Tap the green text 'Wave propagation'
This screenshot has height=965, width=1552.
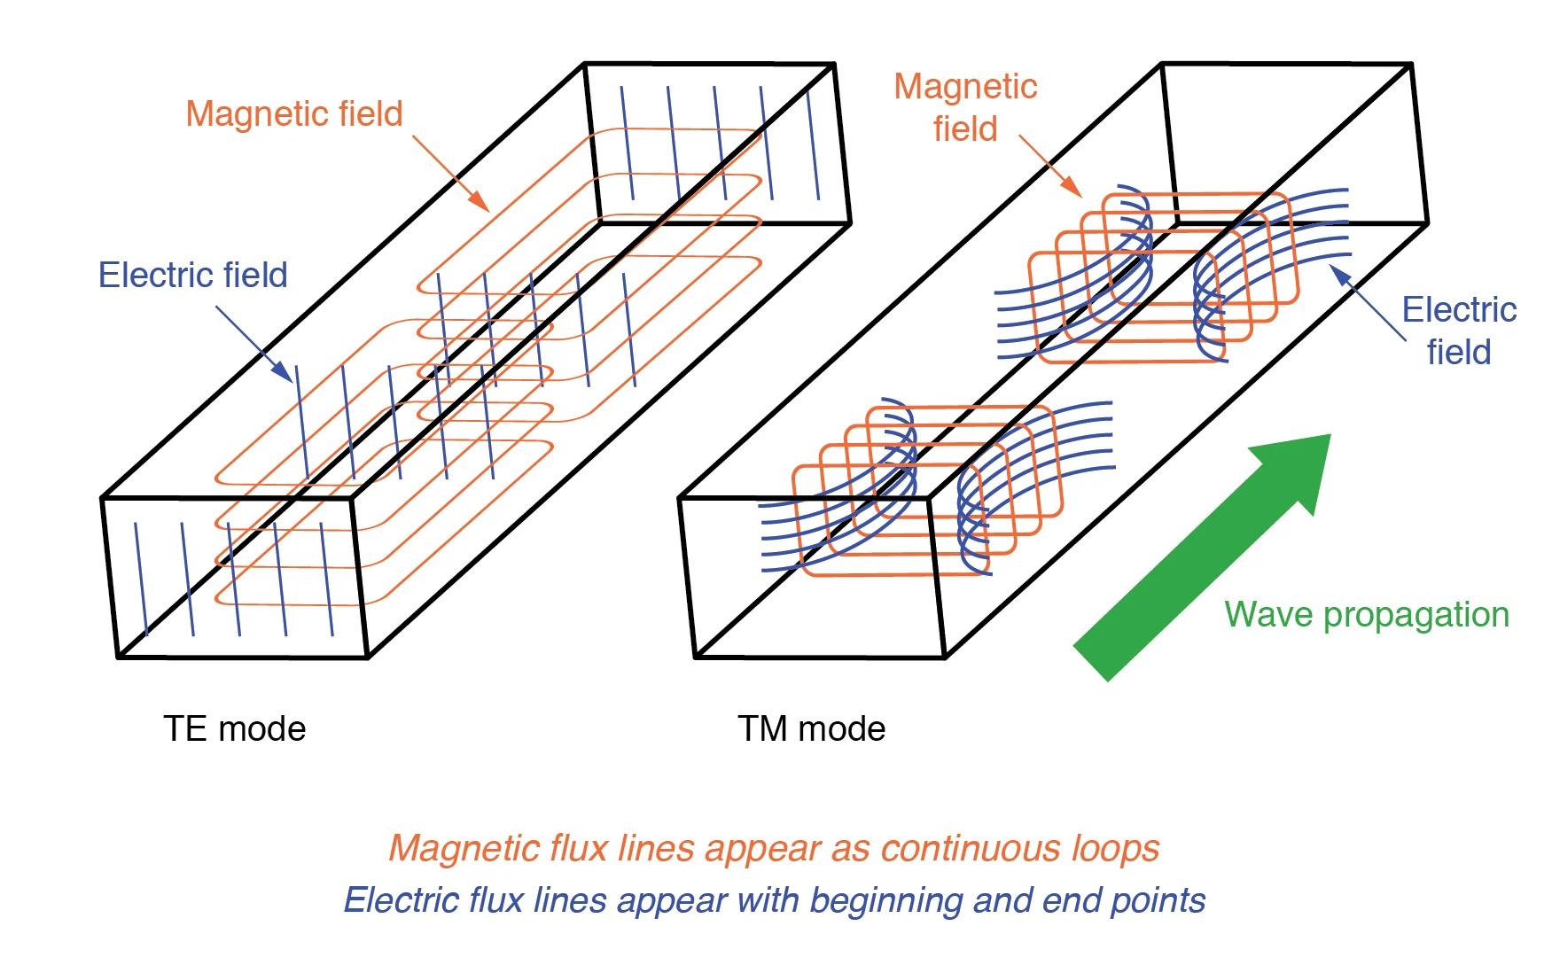point(1366,615)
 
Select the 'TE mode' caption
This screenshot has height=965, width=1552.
point(234,729)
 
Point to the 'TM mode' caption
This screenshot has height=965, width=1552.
point(811,729)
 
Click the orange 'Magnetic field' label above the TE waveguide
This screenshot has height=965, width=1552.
point(294,114)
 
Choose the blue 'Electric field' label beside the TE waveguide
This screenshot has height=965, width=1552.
point(192,276)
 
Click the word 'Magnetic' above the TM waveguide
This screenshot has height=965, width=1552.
point(965,87)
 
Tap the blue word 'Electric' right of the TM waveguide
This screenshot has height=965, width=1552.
point(1458,310)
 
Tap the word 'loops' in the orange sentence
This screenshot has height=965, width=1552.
point(1115,849)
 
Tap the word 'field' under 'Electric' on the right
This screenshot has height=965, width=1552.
point(1458,353)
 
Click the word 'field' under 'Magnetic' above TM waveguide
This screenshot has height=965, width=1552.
point(965,129)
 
